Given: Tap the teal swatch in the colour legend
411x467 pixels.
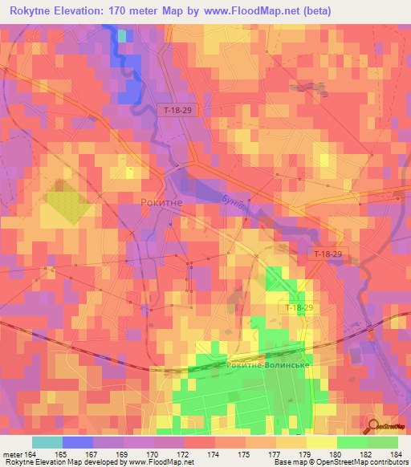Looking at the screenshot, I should click(47, 442).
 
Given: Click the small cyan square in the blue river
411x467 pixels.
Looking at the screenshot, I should click(122, 35).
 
